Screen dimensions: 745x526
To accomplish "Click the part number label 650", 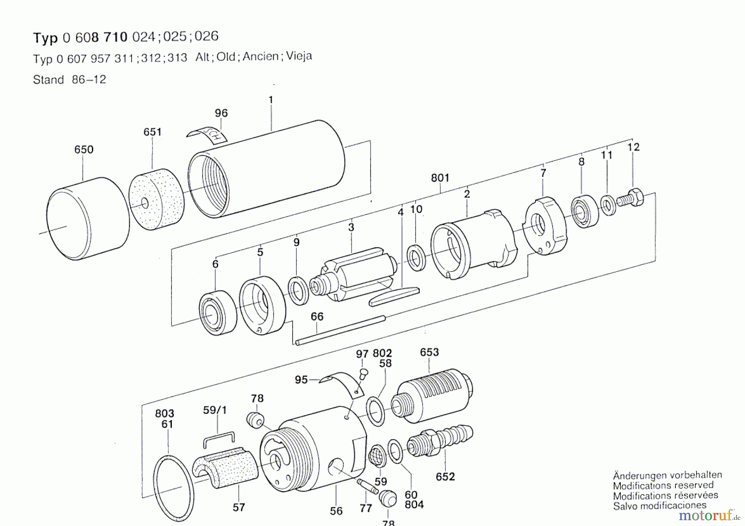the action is click(84, 149).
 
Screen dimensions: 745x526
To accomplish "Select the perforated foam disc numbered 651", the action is click(157, 199).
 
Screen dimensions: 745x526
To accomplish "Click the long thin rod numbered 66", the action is click(340, 330).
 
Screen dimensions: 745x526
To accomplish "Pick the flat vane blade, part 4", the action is click(394, 297).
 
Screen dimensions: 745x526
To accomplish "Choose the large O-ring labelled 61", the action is click(173, 488).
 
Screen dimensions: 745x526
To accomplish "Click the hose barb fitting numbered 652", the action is click(440, 440).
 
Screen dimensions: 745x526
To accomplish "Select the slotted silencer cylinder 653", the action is click(432, 396).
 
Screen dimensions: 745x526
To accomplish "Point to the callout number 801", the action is click(440, 178).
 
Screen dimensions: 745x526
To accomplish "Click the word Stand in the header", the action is click(48, 79).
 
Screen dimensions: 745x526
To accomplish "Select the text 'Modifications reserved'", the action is click(663, 485).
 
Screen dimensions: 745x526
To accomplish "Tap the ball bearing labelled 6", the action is click(218, 312).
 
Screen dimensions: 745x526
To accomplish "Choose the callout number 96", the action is click(221, 113).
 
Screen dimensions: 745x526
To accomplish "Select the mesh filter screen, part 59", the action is click(377, 455).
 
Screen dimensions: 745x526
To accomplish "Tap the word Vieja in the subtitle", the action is click(299, 55).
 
